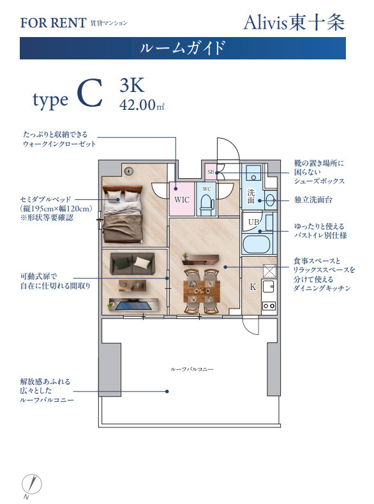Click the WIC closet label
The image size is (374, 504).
click(182, 199)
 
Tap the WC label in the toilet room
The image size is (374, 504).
click(206, 189)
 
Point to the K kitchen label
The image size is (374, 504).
click(253, 287)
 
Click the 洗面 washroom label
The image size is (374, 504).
click(251, 196)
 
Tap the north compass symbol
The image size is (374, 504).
click(28, 485)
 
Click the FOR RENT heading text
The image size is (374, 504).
click(53, 23)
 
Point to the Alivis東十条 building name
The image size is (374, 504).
click(294, 22)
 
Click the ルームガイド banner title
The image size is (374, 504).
click(183, 48)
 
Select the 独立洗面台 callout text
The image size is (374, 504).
click(314, 200)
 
